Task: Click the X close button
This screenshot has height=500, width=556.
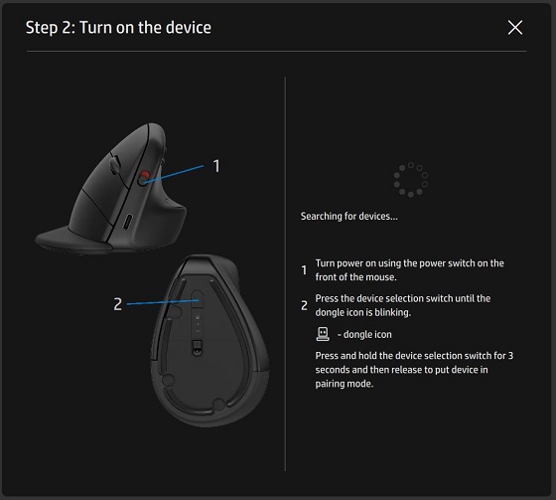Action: click(x=514, y=28)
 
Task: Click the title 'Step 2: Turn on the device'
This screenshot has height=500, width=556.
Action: click(x=118, y=28)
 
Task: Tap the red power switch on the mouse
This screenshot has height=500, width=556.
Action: click(x=145, y=179)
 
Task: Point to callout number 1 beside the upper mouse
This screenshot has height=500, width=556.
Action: click(x=216, y=166)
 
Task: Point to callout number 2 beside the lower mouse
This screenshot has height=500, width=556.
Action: click(x=117, y=304)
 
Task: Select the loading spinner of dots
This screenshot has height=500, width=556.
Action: click(x=410, y=180)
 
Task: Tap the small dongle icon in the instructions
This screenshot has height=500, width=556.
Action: click(x=321, y=334)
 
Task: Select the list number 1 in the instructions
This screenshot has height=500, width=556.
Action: click(x=304, y=269)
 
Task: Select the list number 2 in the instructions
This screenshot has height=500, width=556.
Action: click(x=304, y=304)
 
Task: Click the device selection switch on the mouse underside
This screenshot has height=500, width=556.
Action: click(x=196, y=298)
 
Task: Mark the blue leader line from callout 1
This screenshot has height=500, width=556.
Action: click(x=179, y=172)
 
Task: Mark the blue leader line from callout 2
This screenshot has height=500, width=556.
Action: click(x=159, y=301)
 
